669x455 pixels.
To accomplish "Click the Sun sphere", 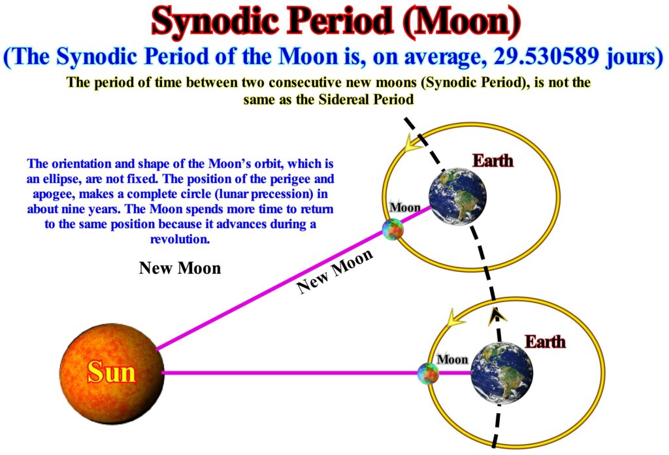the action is [112, 373].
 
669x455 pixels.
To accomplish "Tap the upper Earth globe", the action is [457, 196].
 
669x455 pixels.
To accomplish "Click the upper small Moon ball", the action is [393, 229].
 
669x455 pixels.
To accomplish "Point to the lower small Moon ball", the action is [428, 373].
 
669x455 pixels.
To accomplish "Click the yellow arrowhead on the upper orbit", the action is [413, 143].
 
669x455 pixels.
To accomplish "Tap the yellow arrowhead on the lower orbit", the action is [455, 318].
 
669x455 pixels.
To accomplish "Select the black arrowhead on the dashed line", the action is [497, 315].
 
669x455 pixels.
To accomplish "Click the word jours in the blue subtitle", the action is [634, 57].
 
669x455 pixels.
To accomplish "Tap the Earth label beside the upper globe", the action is [493, 161].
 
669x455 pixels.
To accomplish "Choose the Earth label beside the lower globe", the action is [546, 342].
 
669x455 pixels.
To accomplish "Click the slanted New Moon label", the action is [335, 271].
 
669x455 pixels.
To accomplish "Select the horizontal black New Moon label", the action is [180, 268].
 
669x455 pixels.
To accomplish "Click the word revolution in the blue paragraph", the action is [180, 239].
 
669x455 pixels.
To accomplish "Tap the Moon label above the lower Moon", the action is [453, 360].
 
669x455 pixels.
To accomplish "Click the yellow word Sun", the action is [112, 372].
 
